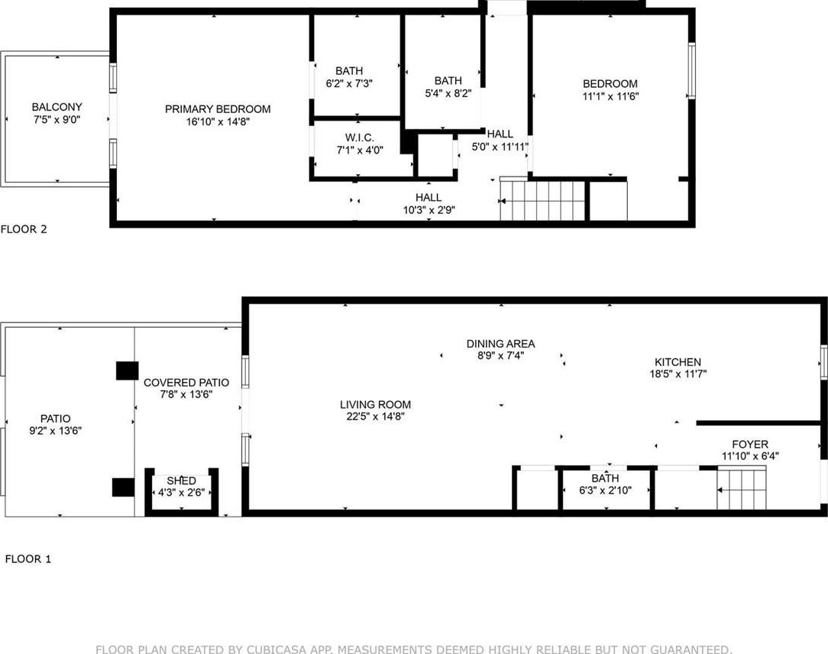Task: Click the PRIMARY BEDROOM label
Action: (x=218, y=109)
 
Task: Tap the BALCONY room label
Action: (x=57, y=107)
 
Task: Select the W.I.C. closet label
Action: (x=359, y=138)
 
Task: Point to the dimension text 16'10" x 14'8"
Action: (x=218, y=122)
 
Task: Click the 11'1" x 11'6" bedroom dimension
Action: (x=610, y=96)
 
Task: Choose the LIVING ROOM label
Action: (x=375, y=405)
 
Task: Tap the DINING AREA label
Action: (x=500, y=344)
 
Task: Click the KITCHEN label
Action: (x=678, y=362)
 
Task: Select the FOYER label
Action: (x=750, y=444)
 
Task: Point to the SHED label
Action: (x=181, y=481)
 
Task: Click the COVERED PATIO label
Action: (x=186, y=383)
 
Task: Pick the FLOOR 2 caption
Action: (x=24, y=229)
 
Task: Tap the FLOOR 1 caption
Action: (x=28, y=559)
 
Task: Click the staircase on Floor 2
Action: (x=542, y=200)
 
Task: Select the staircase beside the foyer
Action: (x=741, y=488)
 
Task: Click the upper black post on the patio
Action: (x=128, y=371)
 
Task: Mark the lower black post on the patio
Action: (x=124, y=487)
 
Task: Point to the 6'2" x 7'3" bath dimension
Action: (x=349, y=83)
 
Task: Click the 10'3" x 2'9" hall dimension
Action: (x=429, y=210)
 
